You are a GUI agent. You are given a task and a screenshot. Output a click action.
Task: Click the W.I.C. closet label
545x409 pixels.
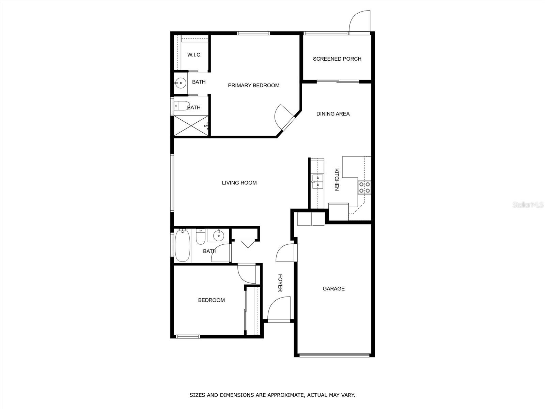pyautogui.click(x=194, y=55)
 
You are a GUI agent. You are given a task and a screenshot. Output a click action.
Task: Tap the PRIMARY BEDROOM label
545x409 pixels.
pyautogui.click(x=253, y=86)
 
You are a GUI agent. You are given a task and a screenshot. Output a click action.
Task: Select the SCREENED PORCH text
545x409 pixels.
pyautogui.click(x=337, y=59)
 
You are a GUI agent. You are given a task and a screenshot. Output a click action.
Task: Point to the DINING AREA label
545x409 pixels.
pyautogui.click(x=333, y=114)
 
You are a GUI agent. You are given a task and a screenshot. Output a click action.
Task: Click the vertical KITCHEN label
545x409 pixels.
pyautogui.click(x=337, y=179)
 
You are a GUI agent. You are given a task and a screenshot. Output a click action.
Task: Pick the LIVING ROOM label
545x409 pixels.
pyautogui.click(x=239, y=183)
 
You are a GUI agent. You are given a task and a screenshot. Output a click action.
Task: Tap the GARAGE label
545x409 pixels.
pyautogui.click(x=333, y=289)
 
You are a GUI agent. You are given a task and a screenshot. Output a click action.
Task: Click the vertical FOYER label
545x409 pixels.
pyautogui.click(x=280, y=283)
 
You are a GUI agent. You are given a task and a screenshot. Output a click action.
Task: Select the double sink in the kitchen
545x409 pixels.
pyautogui.click(x=317, y=182)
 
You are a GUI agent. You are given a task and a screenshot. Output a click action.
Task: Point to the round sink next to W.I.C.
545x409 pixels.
pyautogui.click(x=180, y=82)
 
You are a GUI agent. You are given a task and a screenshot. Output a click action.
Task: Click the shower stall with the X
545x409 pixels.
pyautogui.click(x=191, y=126)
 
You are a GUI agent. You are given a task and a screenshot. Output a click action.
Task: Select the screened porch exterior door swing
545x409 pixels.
pyautogui.click(x=359, y=22)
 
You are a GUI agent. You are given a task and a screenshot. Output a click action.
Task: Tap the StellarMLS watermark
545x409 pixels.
pyautogui.click(x=528, y=205)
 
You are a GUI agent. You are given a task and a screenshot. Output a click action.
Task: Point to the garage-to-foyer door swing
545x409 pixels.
pyautogui.click(x=285, y=253)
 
